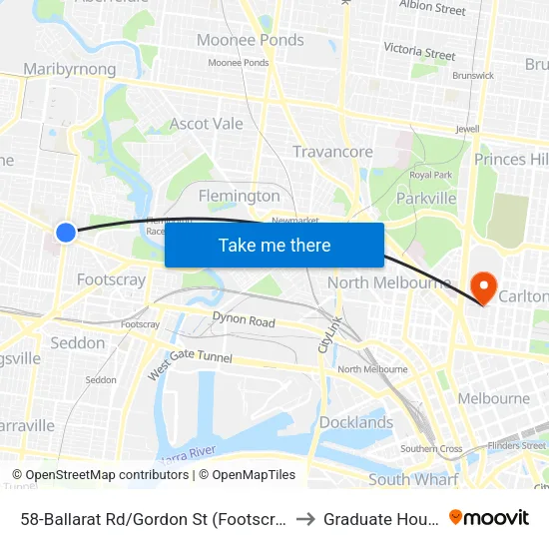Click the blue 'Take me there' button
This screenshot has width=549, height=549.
point(274,245)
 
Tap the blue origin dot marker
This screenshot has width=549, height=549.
point(66,232)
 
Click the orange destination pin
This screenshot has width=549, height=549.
point(483,287)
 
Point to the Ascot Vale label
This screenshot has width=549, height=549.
point(207,124)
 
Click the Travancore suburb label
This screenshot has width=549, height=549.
point(332,152)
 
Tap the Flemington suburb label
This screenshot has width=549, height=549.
point(240,196)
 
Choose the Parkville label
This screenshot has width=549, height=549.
point(426,198)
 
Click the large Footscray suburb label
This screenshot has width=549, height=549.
point(111,279)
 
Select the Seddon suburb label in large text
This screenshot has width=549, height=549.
point(78,342)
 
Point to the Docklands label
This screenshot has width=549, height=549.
point(356,422)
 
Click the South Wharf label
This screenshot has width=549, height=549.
point(413,479)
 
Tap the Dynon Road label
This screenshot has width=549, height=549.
point(244,321)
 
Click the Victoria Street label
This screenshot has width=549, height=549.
point(419,50)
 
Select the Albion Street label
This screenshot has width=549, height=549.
point(432,9)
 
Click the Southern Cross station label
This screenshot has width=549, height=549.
point(431,449)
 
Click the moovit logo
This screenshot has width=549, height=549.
point(489,517)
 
